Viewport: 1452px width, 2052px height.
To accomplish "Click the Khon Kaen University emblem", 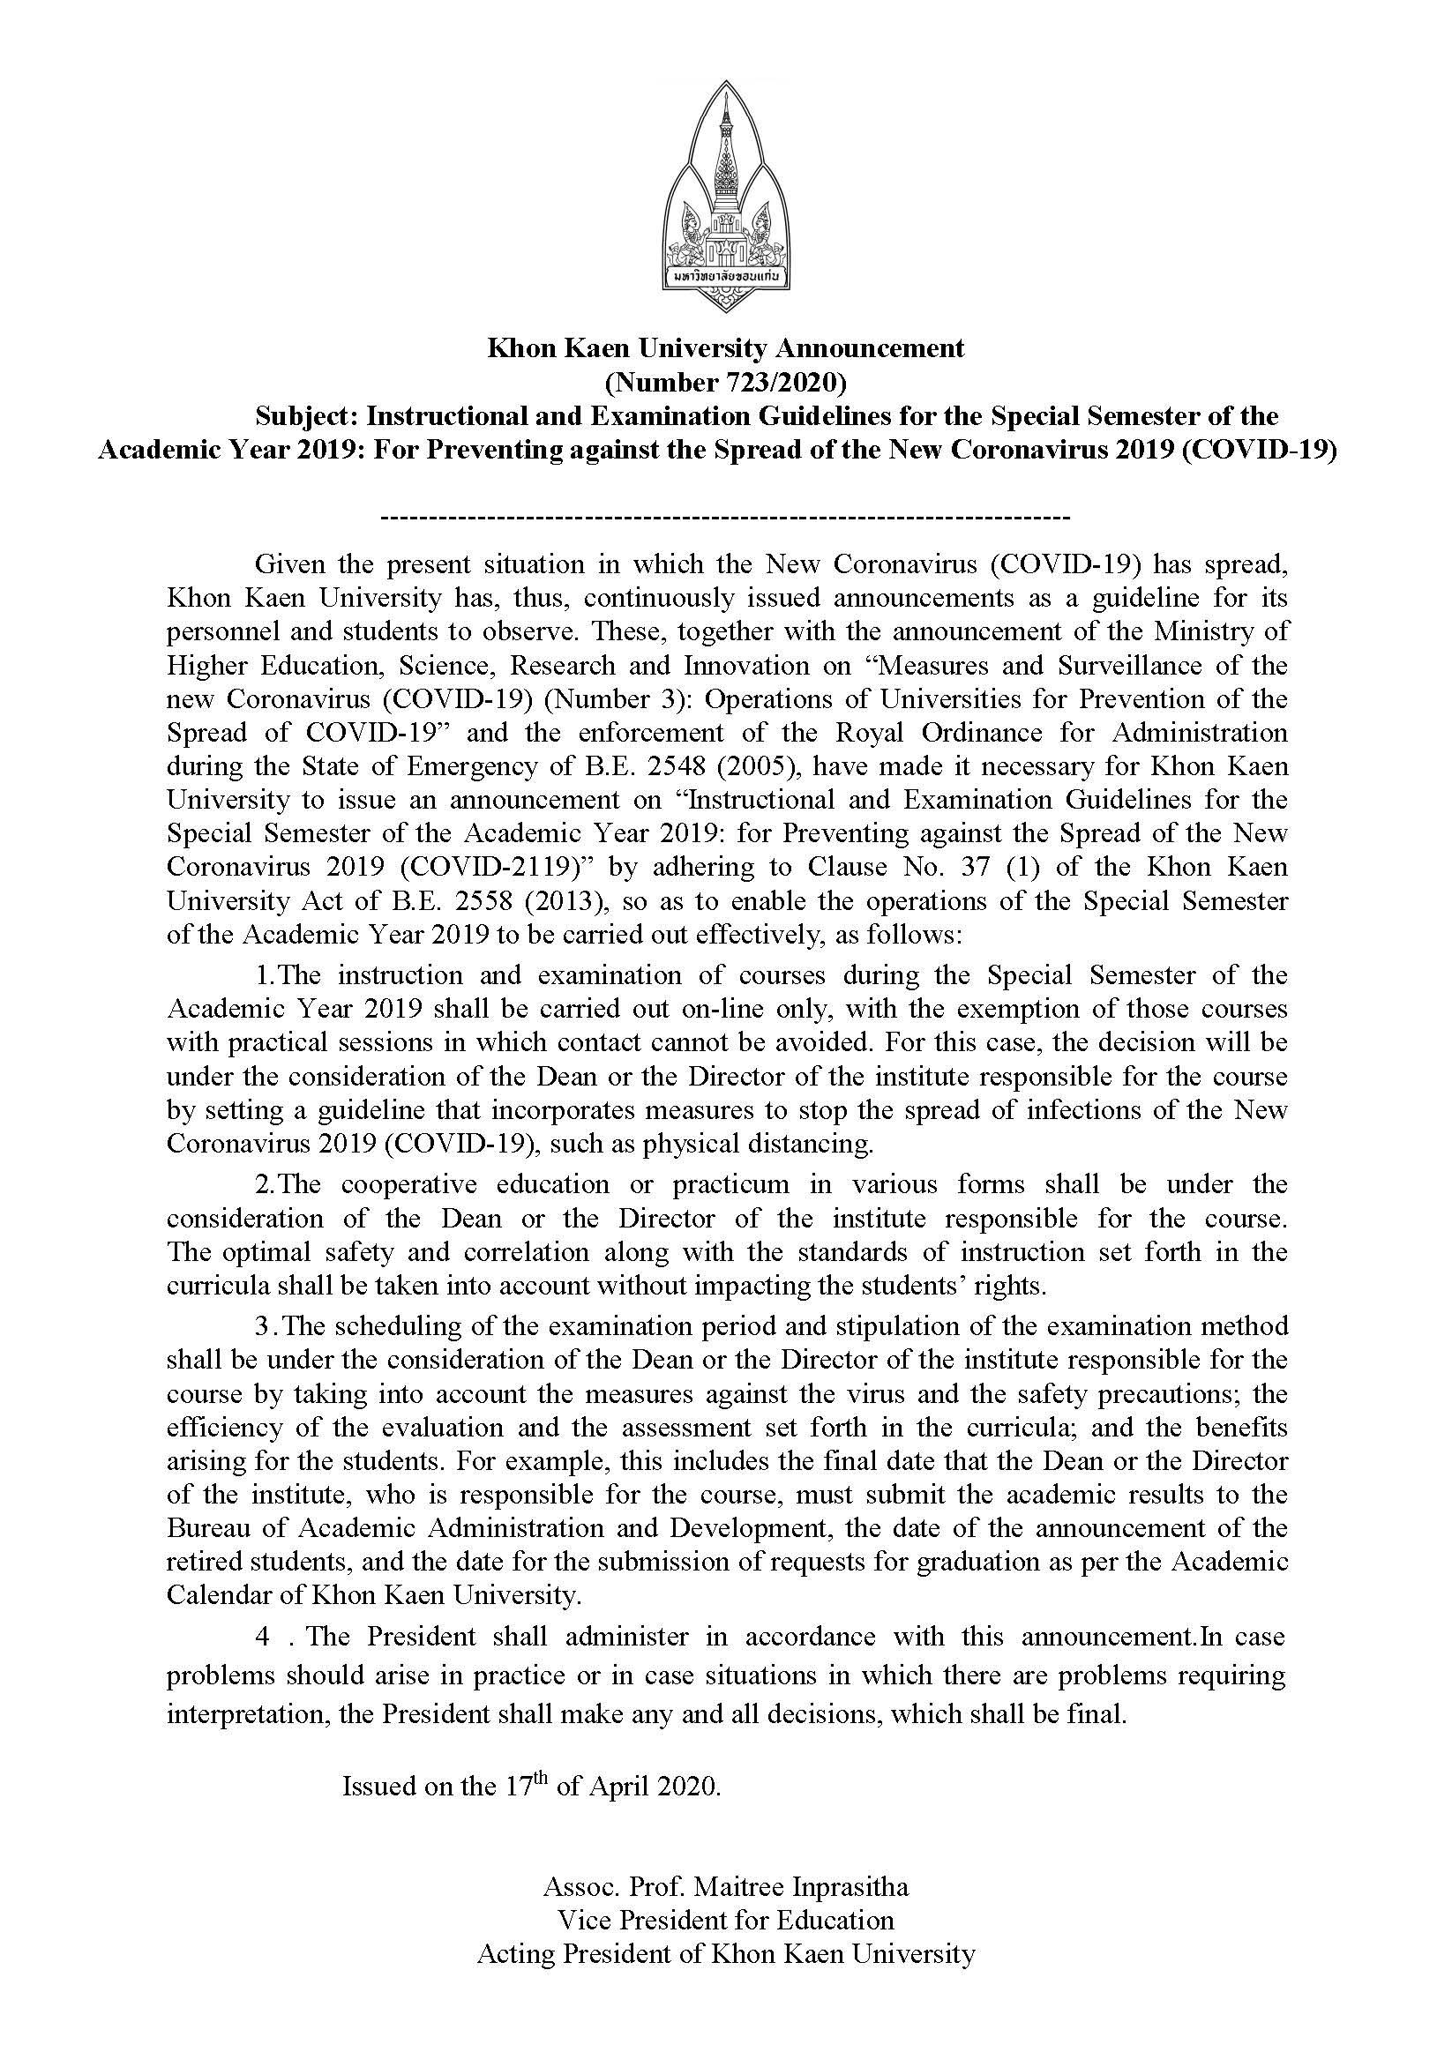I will [x=726, y=197].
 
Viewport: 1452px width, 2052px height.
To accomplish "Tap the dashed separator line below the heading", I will [x=725, y=518].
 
